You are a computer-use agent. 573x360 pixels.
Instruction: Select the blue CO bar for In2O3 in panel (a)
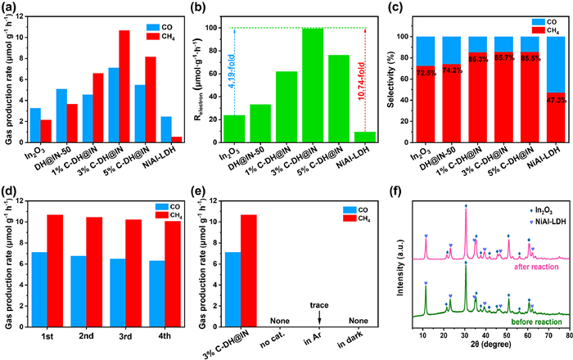point(35,124)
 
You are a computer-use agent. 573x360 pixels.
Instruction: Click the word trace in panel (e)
point(319,283)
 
